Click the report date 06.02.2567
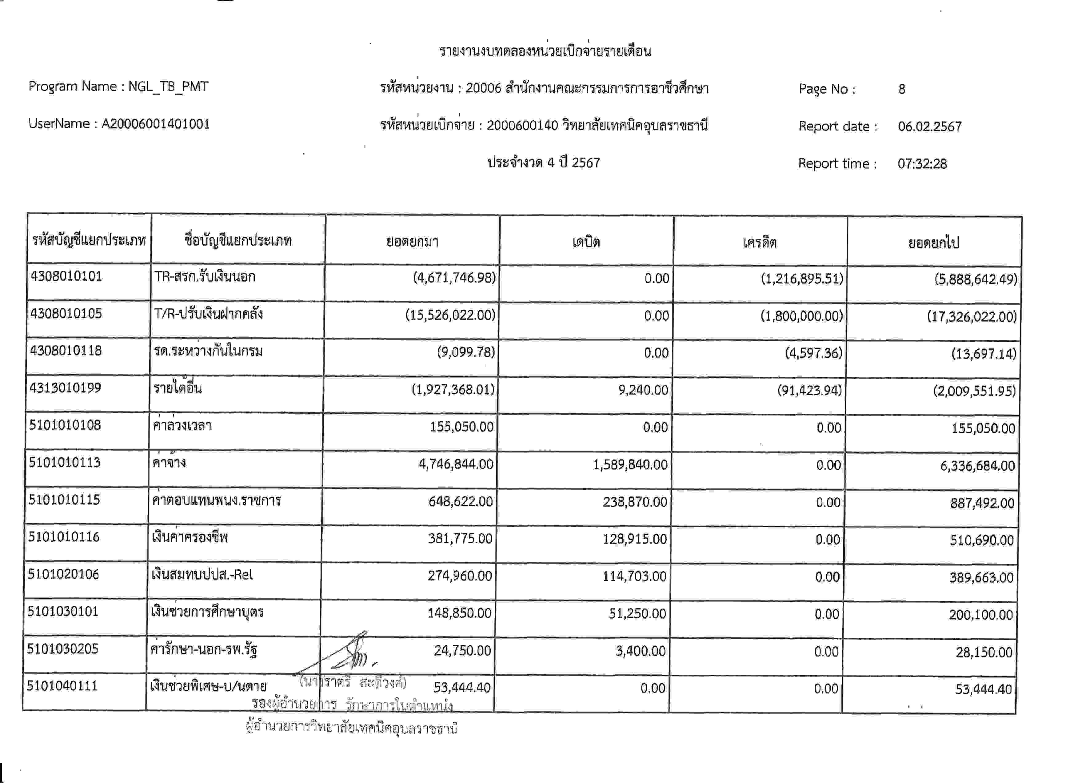tap(929, 126)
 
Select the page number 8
tap(902, 89)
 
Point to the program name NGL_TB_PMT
tap(168, 86)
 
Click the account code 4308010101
tap(66, 276)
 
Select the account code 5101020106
tap(63, 574)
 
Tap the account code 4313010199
tap(65, 388)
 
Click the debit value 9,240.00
tap(643, 390)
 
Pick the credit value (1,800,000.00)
tap(801, 316)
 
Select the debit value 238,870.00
tap(635, 502)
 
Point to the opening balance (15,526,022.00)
tap(450, 315)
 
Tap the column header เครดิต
tap(760, 243)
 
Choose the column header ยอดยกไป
tap(933, 243)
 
